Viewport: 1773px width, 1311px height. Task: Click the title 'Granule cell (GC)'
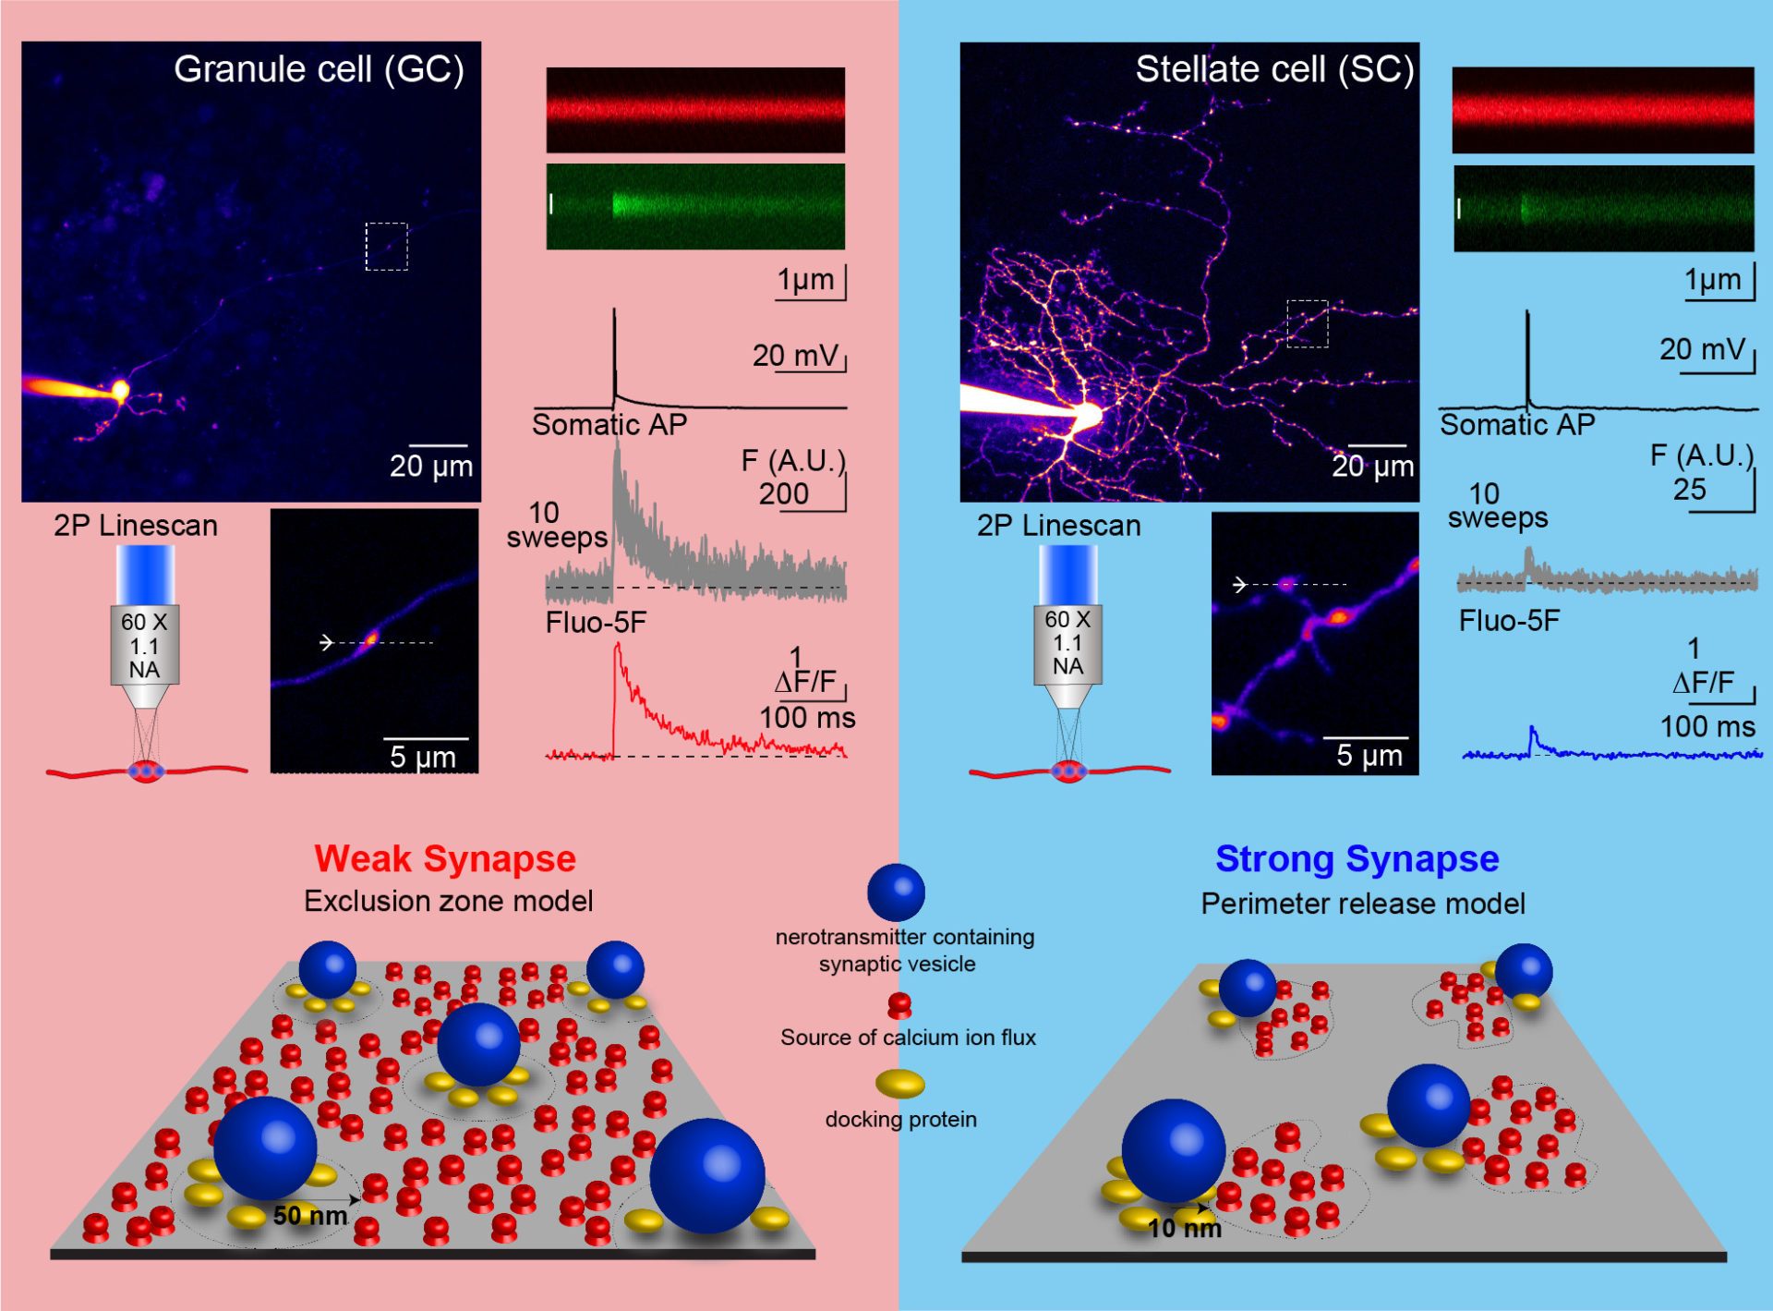pos(319,69)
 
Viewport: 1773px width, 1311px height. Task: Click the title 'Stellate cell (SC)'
pos(1274,69)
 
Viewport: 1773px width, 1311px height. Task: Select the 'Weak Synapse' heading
pos(445,858)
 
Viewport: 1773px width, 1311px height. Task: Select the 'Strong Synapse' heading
pos(1357,858)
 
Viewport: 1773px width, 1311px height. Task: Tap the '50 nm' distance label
pos(309,1215)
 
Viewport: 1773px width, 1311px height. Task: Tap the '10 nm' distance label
pos(1184,1228)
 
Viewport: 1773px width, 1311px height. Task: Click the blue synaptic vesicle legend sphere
pos(896,892)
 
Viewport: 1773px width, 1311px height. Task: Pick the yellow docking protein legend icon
pos(900,1083)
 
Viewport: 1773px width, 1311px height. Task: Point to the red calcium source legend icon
pos(899,1004)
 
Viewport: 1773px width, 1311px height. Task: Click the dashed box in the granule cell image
pos(386,247)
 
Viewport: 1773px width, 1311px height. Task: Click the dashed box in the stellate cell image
pos(1308,323)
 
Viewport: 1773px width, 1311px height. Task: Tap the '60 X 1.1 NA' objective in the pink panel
pos(144,645)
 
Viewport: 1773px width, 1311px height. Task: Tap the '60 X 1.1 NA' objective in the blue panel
pos(1067,643)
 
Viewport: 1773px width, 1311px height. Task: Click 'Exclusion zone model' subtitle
pos(448,901)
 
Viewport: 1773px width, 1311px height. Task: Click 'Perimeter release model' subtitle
pos(1363,904)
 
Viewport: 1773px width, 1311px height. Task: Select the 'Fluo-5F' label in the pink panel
pos(596,623)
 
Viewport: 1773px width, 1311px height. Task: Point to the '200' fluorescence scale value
pos(783,494)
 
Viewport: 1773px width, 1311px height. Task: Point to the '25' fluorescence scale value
pos(1689,489)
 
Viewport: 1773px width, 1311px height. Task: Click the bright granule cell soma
pos(119,390)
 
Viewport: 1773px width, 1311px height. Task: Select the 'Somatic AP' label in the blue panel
pos(1517,425)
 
